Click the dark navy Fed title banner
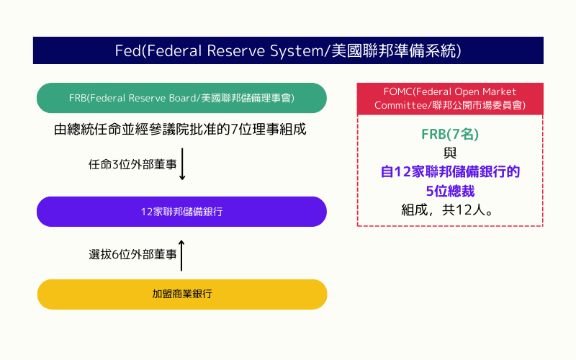point(288,51)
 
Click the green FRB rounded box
point(181,97)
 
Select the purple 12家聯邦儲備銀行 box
point(181,212)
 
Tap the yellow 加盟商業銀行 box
point(181,294)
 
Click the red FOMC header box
point(450,99)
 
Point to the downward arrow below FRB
point(183,165)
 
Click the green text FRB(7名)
point(450,135)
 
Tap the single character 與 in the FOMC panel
point(450,153)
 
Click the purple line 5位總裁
point(450,192)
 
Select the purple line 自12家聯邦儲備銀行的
point(450,173)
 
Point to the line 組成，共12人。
point(450,210)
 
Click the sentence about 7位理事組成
point(180,130)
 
